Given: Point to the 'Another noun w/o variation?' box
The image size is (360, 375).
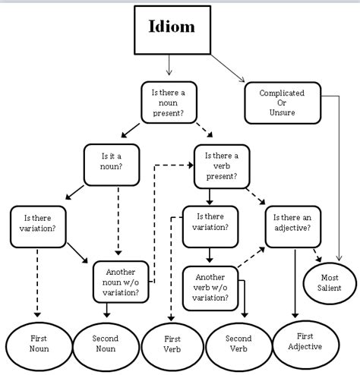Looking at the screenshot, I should pyautogui.click(x=121, y=282).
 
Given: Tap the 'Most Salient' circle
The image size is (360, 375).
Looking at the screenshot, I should pyautogui.click(x=330, y=282).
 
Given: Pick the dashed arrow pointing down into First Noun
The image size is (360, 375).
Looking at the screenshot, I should pyautogui.click(x=36, y=281).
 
